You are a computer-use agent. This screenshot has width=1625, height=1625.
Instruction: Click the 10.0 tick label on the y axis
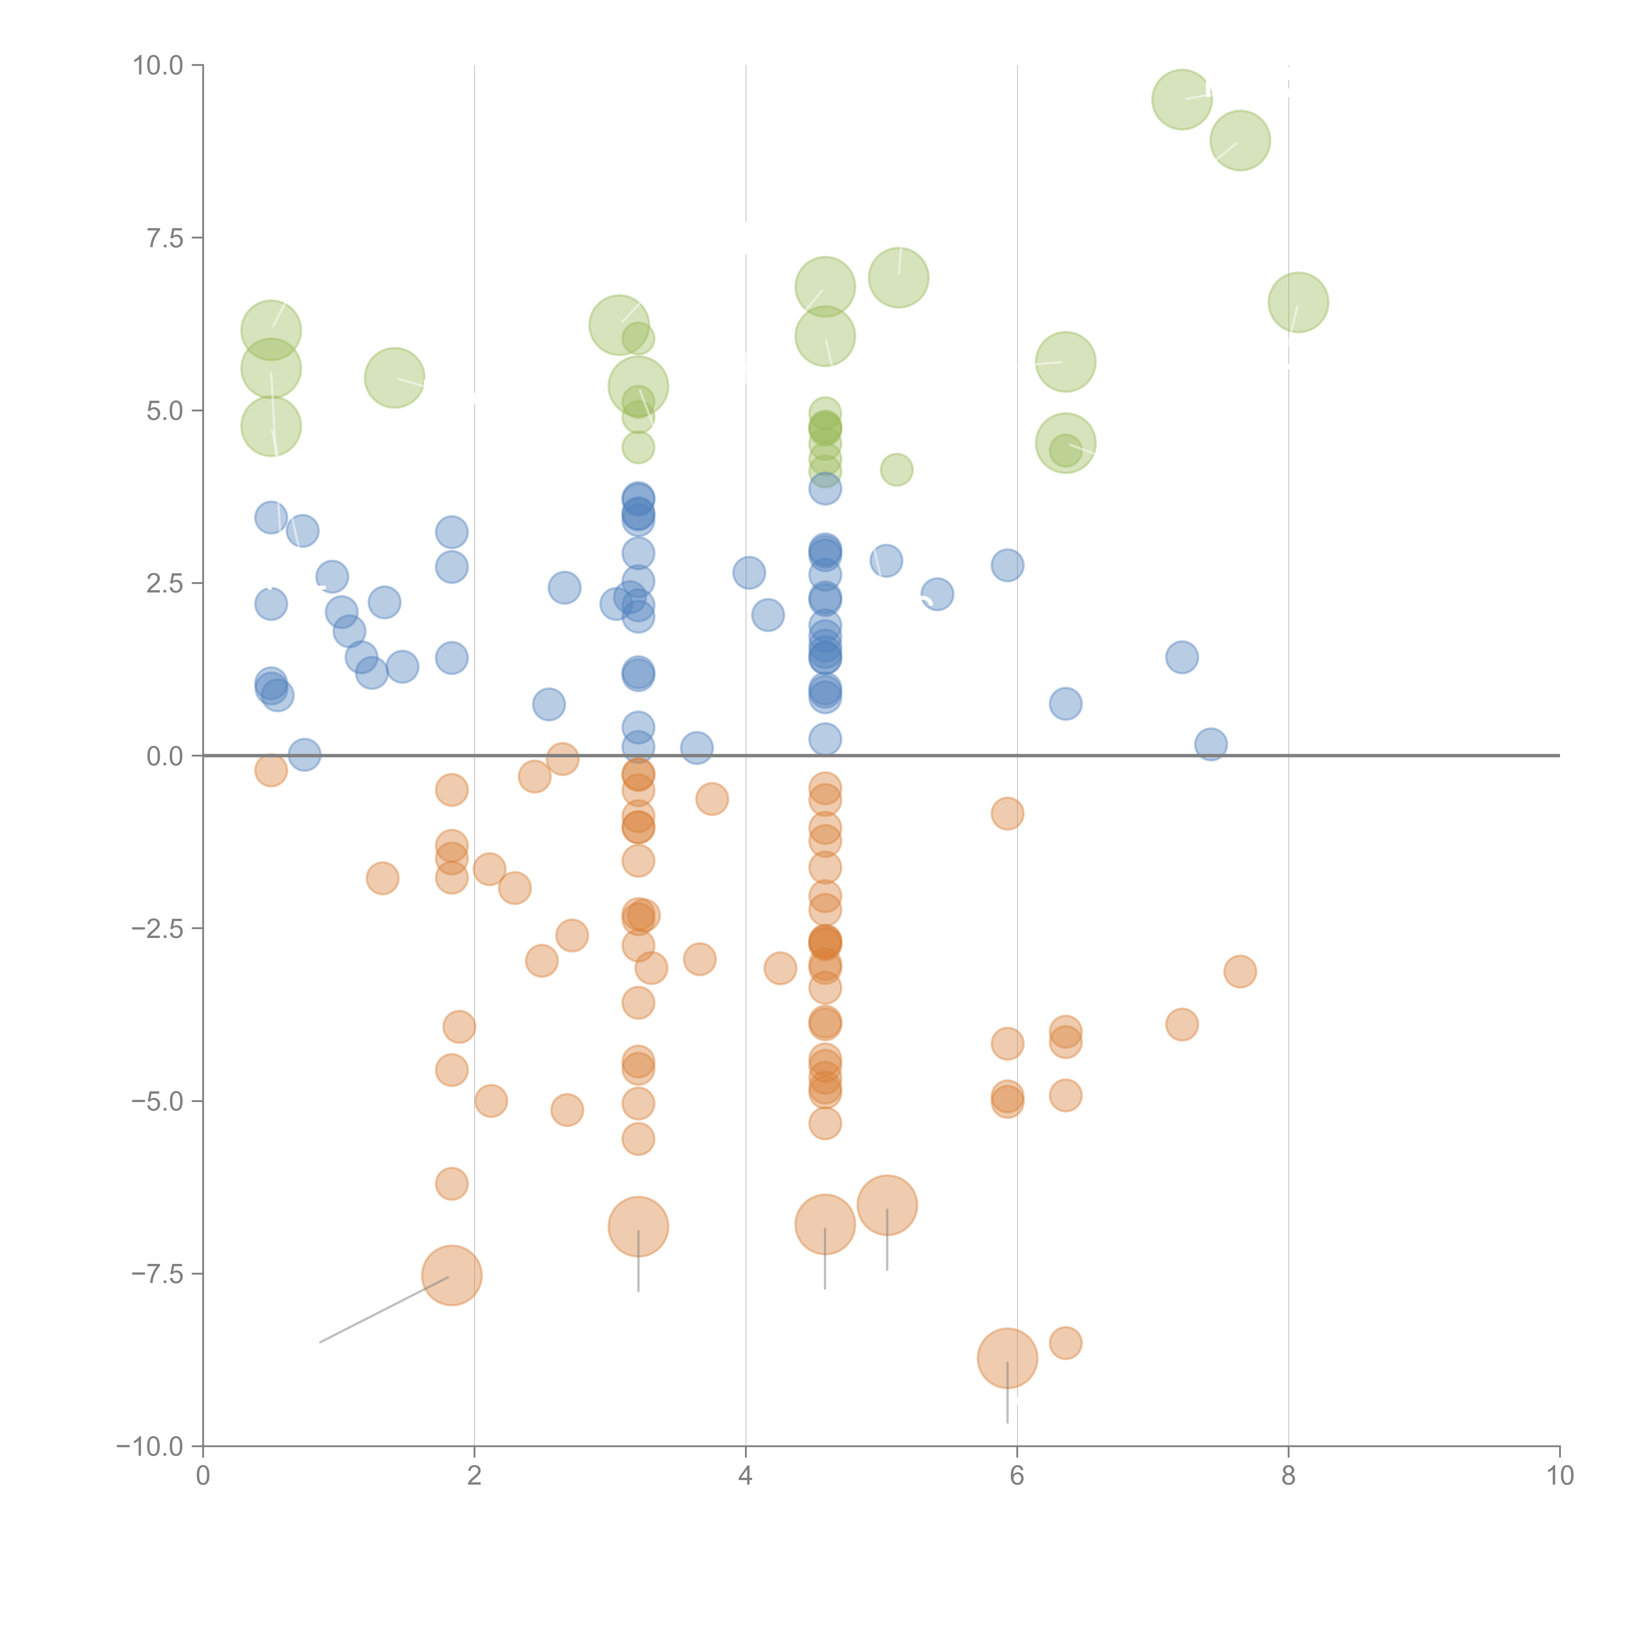[158, 66]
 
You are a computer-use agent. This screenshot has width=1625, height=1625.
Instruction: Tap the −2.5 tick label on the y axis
[157, 929]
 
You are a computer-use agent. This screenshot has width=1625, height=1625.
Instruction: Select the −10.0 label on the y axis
[150, 1447]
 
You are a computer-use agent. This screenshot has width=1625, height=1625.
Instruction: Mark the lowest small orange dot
[1065, 1343]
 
